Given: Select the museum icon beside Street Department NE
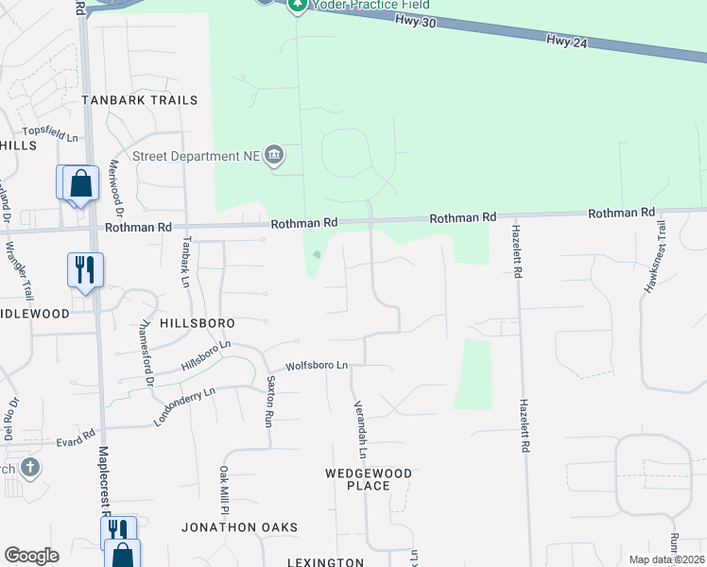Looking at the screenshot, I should point(275,154).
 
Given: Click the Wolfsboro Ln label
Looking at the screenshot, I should point(317,365).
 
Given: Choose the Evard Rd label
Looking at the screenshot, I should point(76,439).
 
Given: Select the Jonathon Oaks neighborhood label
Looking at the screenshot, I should point(240,527).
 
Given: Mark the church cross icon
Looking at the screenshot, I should point(30,467).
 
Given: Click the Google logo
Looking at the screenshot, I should point(31,556).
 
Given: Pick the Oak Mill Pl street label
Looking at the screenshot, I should point(225,490).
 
